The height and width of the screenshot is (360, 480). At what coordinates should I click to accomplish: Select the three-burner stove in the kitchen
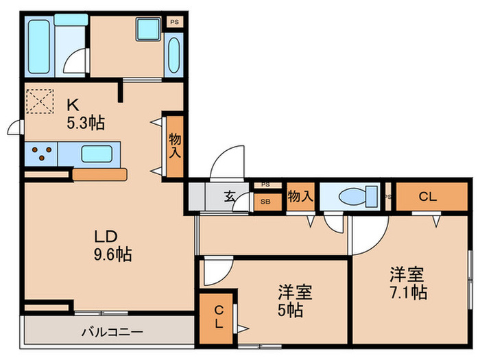(41, 154)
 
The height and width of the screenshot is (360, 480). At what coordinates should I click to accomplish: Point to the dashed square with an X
(38, 101)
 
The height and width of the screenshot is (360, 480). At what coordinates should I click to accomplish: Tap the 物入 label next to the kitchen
(173, 145)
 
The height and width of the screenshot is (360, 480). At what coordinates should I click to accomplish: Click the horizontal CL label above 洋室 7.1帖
(427, 197)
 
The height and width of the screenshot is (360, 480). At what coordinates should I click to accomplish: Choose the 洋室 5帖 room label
(296, 300)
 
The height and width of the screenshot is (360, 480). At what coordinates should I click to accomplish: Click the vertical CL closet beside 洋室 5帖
(217, 317)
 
